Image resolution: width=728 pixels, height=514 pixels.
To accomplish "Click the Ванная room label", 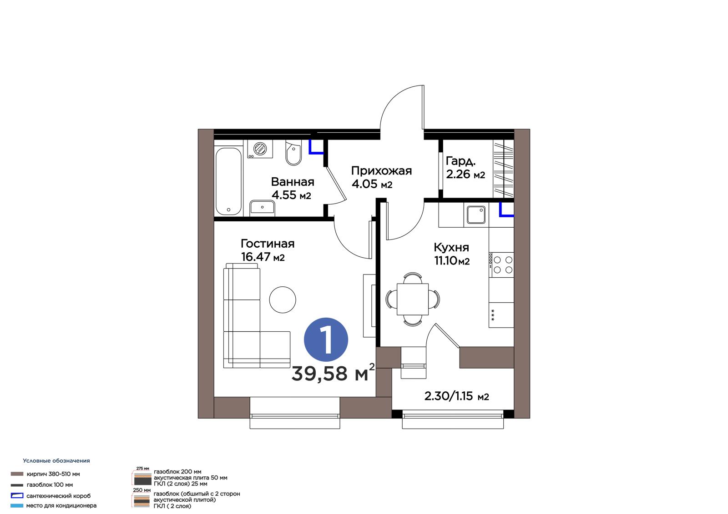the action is (293, 182).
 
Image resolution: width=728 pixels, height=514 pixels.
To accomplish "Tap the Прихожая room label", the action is (381, 171).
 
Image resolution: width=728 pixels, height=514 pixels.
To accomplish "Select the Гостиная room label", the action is (268, 244).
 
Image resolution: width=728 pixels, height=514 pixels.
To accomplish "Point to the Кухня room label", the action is (451, 247).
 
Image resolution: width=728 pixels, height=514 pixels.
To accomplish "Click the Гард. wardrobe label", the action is (460, 161).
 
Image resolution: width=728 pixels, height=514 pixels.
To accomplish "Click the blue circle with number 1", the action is (326, 339).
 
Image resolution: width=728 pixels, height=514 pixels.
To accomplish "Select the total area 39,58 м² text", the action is (333, 373).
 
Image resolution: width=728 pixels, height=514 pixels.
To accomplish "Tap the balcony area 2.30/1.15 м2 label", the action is (456, 396).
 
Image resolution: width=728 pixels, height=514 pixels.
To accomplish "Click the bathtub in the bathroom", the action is (228, 181).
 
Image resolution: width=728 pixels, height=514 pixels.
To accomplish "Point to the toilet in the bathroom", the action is (293, 153).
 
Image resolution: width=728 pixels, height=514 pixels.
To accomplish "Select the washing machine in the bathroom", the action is (260, 149).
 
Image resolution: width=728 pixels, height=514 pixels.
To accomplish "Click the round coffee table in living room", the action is (283, 299).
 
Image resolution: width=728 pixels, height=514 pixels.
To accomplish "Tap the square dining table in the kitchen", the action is (412, 299).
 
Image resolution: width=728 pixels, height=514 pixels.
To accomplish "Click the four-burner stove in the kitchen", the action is (501, 264).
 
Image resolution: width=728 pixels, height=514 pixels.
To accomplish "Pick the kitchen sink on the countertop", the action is (476, 215).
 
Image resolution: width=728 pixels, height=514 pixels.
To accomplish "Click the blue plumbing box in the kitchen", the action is (506, 210).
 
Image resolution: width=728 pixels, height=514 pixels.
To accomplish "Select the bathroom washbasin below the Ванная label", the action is (262, 208).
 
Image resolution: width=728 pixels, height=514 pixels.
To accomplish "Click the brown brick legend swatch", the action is (17, 474).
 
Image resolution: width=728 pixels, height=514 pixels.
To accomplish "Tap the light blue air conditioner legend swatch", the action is (17, 505).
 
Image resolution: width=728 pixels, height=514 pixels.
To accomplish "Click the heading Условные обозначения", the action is (56, 460).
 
